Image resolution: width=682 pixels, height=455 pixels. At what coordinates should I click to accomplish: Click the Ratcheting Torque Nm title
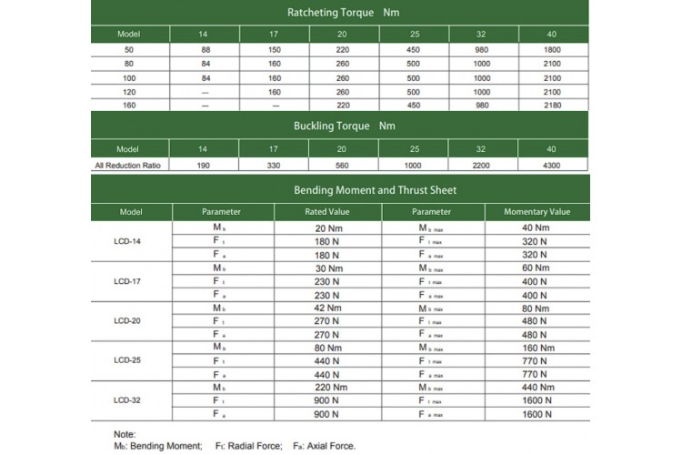340,13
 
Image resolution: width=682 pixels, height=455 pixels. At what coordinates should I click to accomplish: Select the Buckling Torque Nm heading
340,126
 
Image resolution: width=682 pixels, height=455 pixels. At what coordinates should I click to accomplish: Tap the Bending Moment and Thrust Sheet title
341,191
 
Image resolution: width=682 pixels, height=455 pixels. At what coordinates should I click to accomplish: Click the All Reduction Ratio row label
126,165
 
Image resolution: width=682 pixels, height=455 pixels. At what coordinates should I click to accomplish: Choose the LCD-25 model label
126,359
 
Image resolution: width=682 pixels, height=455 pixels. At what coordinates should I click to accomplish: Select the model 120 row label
126,91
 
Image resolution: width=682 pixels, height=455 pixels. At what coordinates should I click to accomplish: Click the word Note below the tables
126,433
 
